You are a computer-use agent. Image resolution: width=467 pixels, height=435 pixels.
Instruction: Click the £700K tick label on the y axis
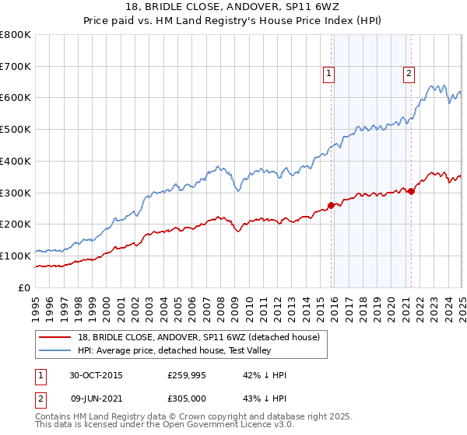pos(16,67)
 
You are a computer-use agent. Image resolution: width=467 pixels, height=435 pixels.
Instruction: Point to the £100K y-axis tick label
pos(16,256)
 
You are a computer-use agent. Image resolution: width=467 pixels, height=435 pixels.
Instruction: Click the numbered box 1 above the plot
pos(329,74)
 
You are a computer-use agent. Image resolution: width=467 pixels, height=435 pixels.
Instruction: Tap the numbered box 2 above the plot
pos(409,74)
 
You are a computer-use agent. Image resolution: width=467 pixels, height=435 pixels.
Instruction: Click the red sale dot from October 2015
pos(331,205)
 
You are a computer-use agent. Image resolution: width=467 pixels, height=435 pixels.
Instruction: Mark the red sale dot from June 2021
pos(411,191)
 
